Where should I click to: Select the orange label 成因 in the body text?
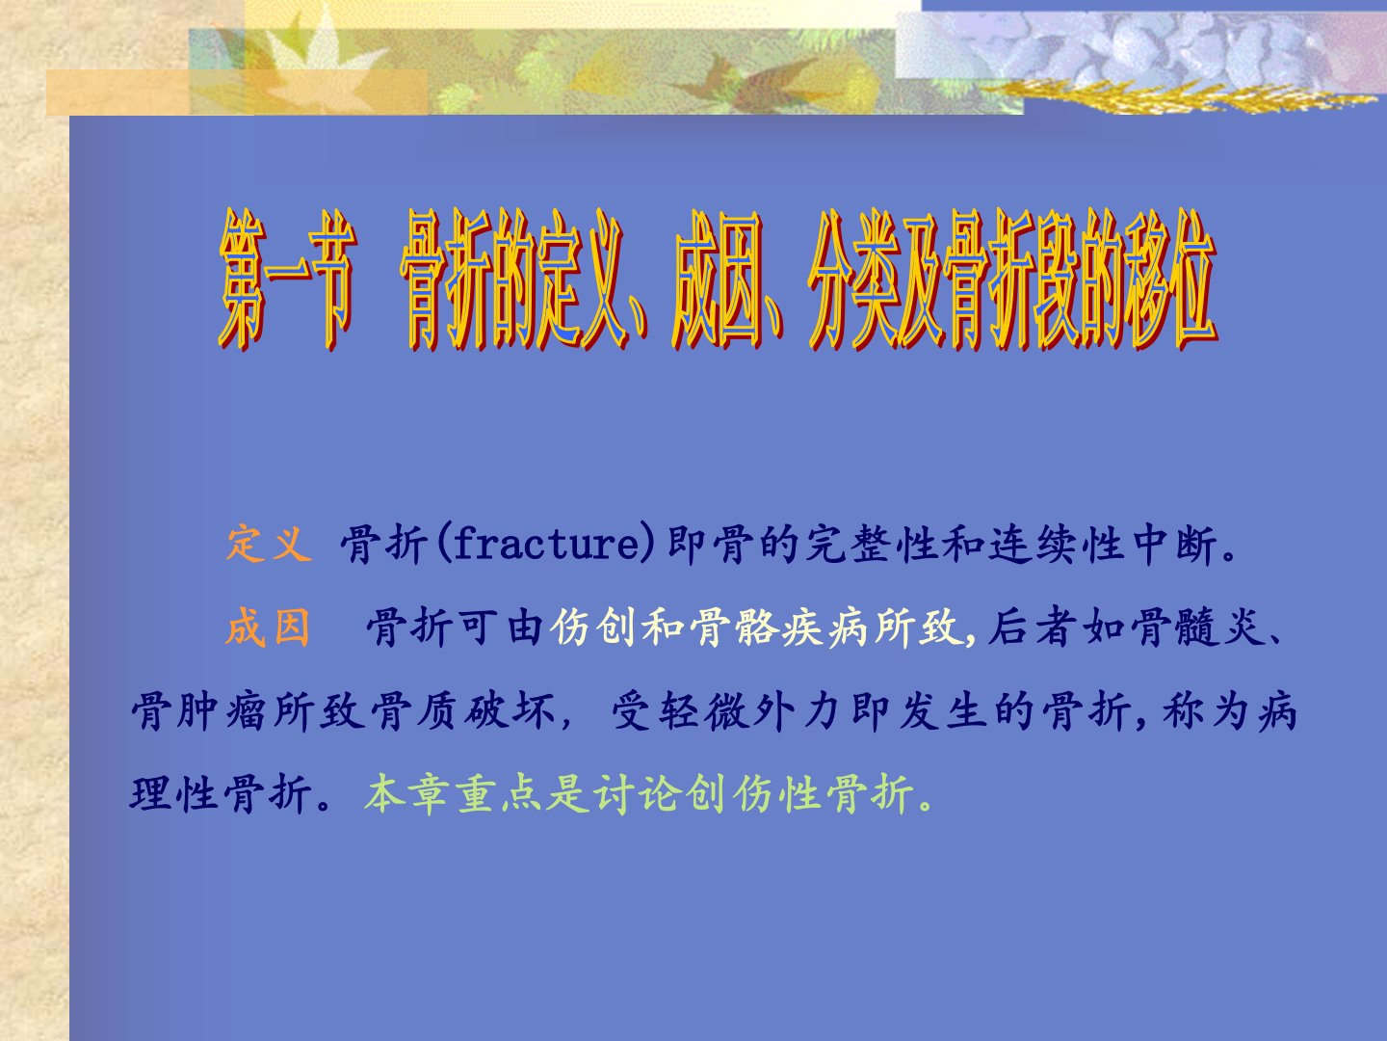(x=268, y=627)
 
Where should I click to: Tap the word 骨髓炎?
(x=1194, y=627)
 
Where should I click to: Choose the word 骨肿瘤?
(x=198, y=711)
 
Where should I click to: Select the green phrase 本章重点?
(x=453, y=793)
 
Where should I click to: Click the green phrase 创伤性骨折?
(x=799, y=793)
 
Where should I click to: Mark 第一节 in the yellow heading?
(x=287, y=281)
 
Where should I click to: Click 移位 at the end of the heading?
(x=1170, y=281)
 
